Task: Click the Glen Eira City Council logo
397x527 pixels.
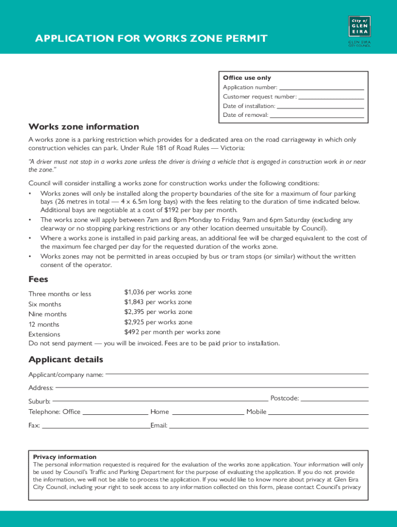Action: [x=359, y=30]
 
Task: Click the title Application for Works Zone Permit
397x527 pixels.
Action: [x=151, y=39]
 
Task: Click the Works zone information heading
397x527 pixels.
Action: [x=84, y=127]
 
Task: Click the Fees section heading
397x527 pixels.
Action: [x=38, y=279]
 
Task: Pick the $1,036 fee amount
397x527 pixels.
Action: [x=134, y=292]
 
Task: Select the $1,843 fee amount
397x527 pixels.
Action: [x=134, y=302]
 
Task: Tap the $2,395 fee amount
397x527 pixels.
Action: [x=134, y=312]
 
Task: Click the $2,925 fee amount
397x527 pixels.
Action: [x=134, y=322]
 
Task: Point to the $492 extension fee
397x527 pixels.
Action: [x=132, y=332]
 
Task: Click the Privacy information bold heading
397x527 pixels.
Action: [x=64, y=457]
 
